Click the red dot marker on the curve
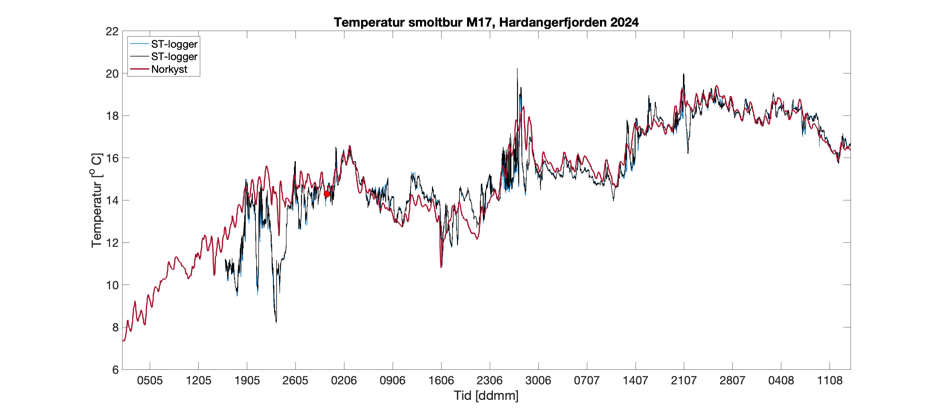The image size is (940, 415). point(327,194)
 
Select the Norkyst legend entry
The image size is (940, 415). point(169,69)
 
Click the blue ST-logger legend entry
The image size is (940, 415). point(174,44)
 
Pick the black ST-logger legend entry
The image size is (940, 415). point(174,57)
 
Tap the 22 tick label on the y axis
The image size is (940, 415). point(112,31)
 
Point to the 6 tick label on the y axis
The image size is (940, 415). point(115,370)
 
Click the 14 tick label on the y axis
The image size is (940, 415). point(112,200)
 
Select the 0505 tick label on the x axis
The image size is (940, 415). point(150,381)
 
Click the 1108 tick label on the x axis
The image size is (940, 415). point(830,381)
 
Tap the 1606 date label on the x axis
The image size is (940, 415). point(441,381)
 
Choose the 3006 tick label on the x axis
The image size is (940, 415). point(538,381)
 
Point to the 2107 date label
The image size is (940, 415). point(684,381)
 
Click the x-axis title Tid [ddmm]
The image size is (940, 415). point(486,395)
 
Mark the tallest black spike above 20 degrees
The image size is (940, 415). point(517,69)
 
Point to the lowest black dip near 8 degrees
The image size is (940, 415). point(276,321)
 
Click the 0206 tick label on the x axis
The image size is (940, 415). point(344,381)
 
